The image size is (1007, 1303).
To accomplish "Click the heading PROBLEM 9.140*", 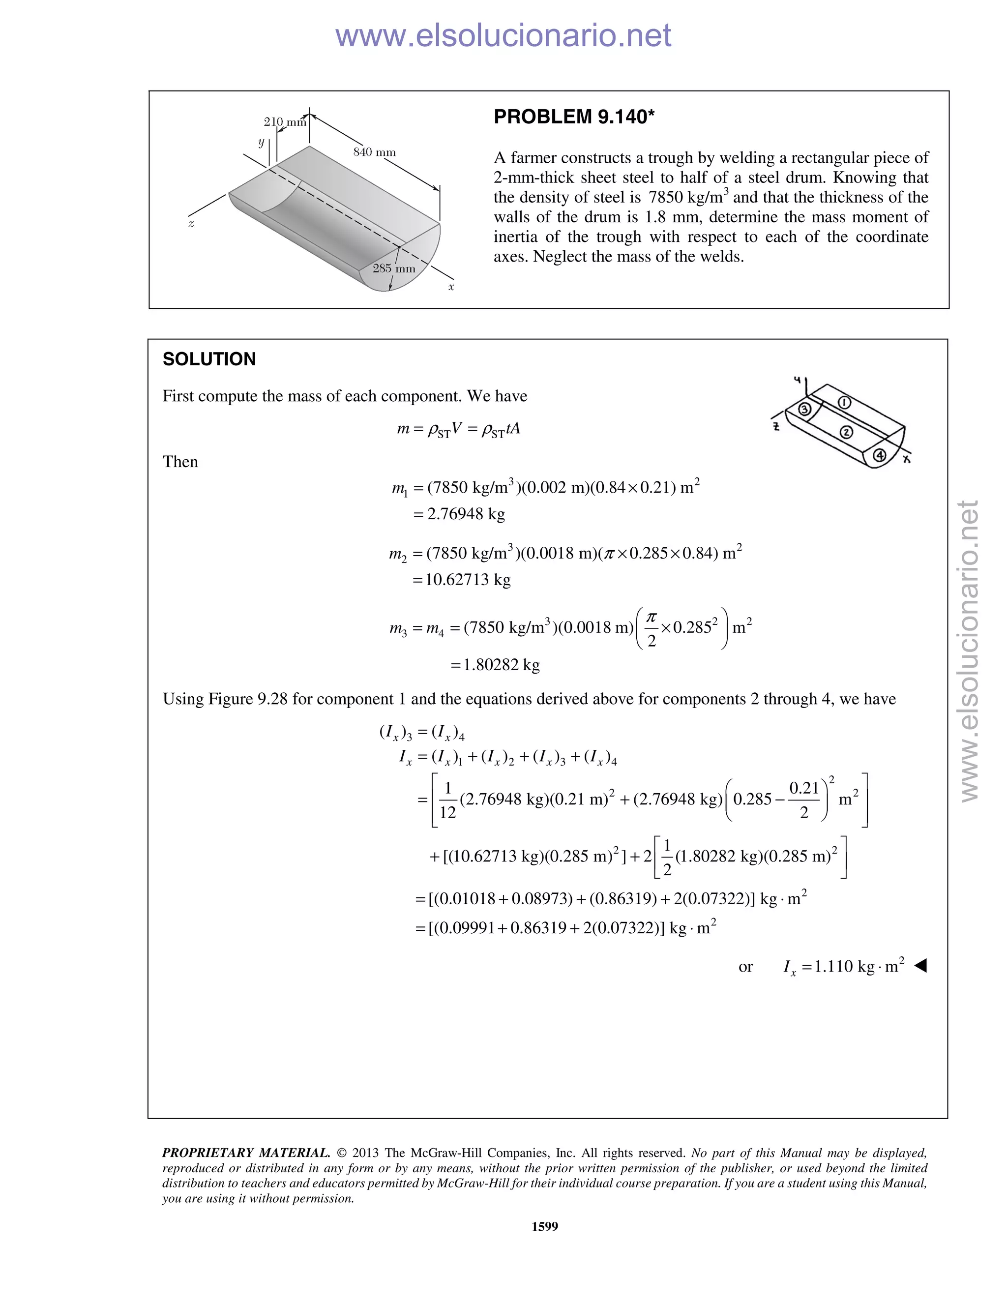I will click(574, 117).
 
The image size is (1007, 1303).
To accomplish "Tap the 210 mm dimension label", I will click(285, 122).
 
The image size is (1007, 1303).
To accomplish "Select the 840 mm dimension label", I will click(374, 152).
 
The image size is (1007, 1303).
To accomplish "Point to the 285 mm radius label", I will click(394, 268).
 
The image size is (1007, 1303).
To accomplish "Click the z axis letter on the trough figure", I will click(191, 224).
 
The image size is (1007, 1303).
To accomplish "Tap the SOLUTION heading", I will click(209, 359).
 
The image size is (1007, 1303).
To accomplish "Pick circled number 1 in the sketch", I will click(844, 402).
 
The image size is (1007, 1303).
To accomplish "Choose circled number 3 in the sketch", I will click(804, 409).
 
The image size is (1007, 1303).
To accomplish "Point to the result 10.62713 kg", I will click(468, 580).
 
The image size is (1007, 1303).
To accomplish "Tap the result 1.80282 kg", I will click(501, 665).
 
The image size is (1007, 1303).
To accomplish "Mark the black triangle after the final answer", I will click(920, 965).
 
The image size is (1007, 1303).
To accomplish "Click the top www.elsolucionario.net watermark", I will click(503, 35).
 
